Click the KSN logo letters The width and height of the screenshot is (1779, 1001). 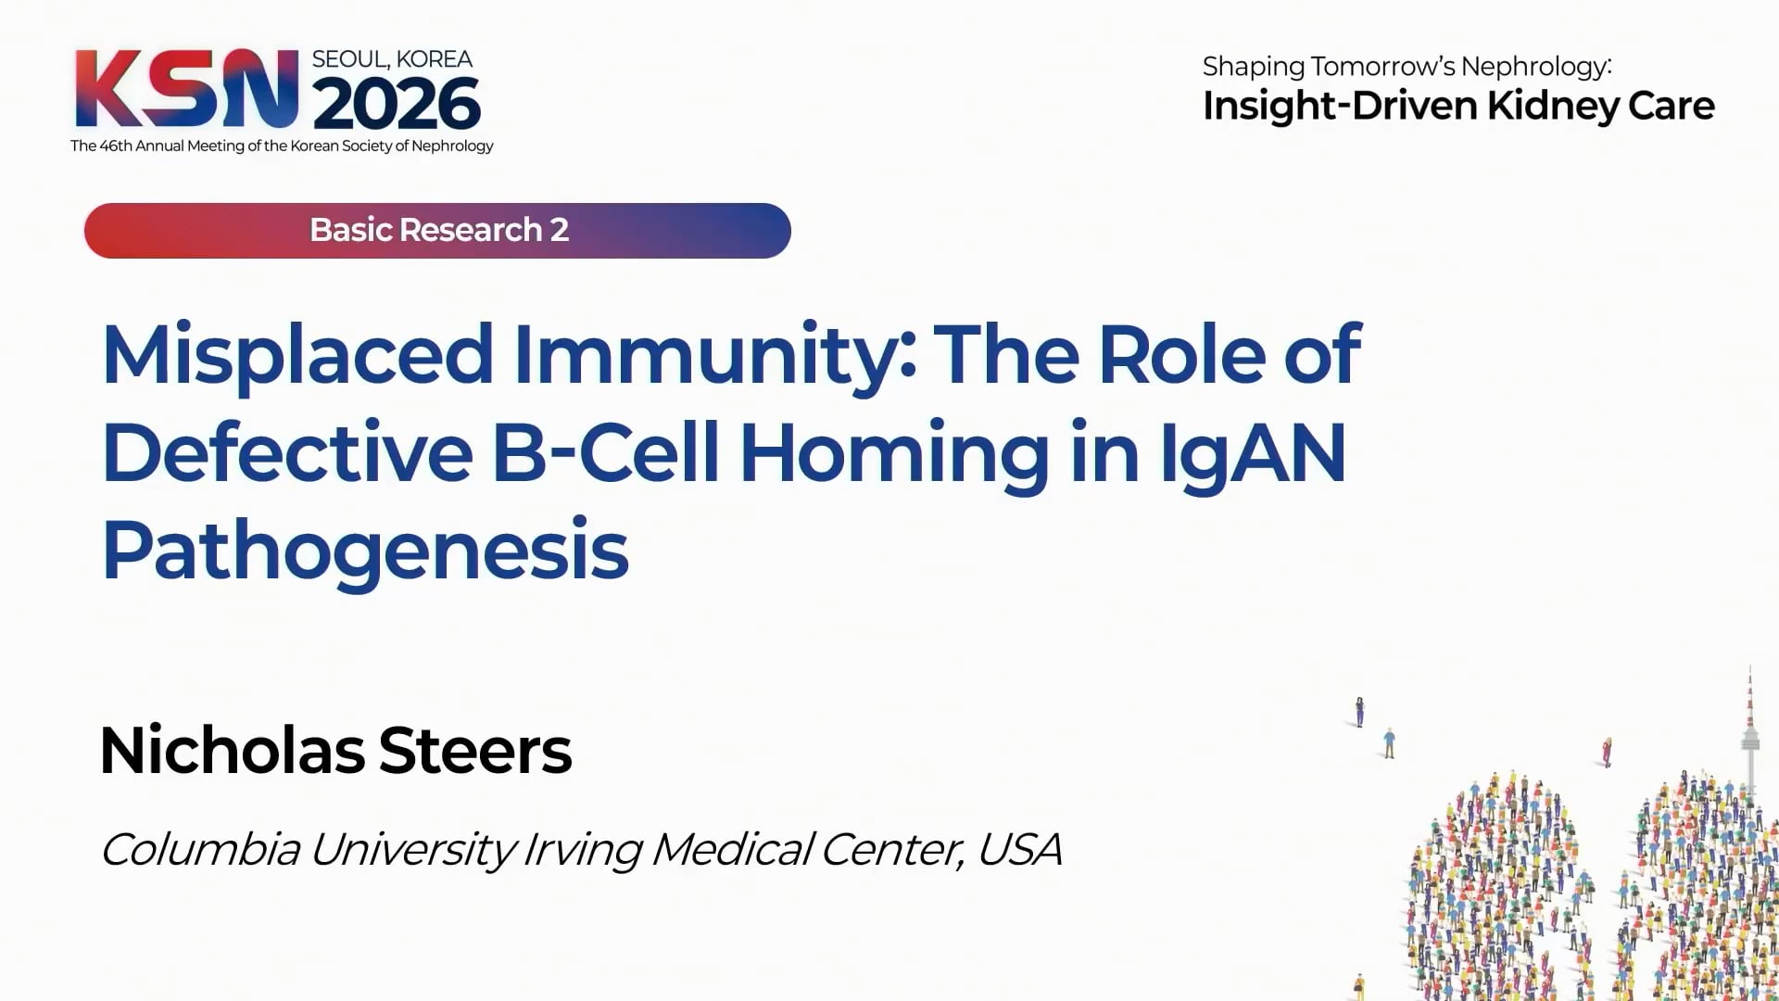click(x=186, y=88)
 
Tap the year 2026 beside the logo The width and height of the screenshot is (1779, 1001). click(x=397, y=103)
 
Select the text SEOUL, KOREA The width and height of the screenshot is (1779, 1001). click(x=392, y=59)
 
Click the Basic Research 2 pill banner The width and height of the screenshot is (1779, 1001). click(x=437, y=230)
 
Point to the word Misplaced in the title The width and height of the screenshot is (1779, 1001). click(x=297, y=354)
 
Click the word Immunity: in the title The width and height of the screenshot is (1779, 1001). click(x=715, y=356)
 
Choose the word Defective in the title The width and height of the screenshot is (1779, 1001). click(x=287, y=452)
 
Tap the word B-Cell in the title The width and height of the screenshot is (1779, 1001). click(x=606, y=452)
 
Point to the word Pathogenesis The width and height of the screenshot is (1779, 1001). click(x=365, y=553)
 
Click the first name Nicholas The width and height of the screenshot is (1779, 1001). click(x=232, y=750)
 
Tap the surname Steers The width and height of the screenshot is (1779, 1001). click(x=475, y=751)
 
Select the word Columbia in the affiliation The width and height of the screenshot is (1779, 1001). click(x=200, y=849)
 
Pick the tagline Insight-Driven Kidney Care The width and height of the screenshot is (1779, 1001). click(x=1458, y=107)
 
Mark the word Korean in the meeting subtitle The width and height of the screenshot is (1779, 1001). click(x=314, y=146)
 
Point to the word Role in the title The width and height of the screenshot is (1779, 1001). click(x=1181, y=354)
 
